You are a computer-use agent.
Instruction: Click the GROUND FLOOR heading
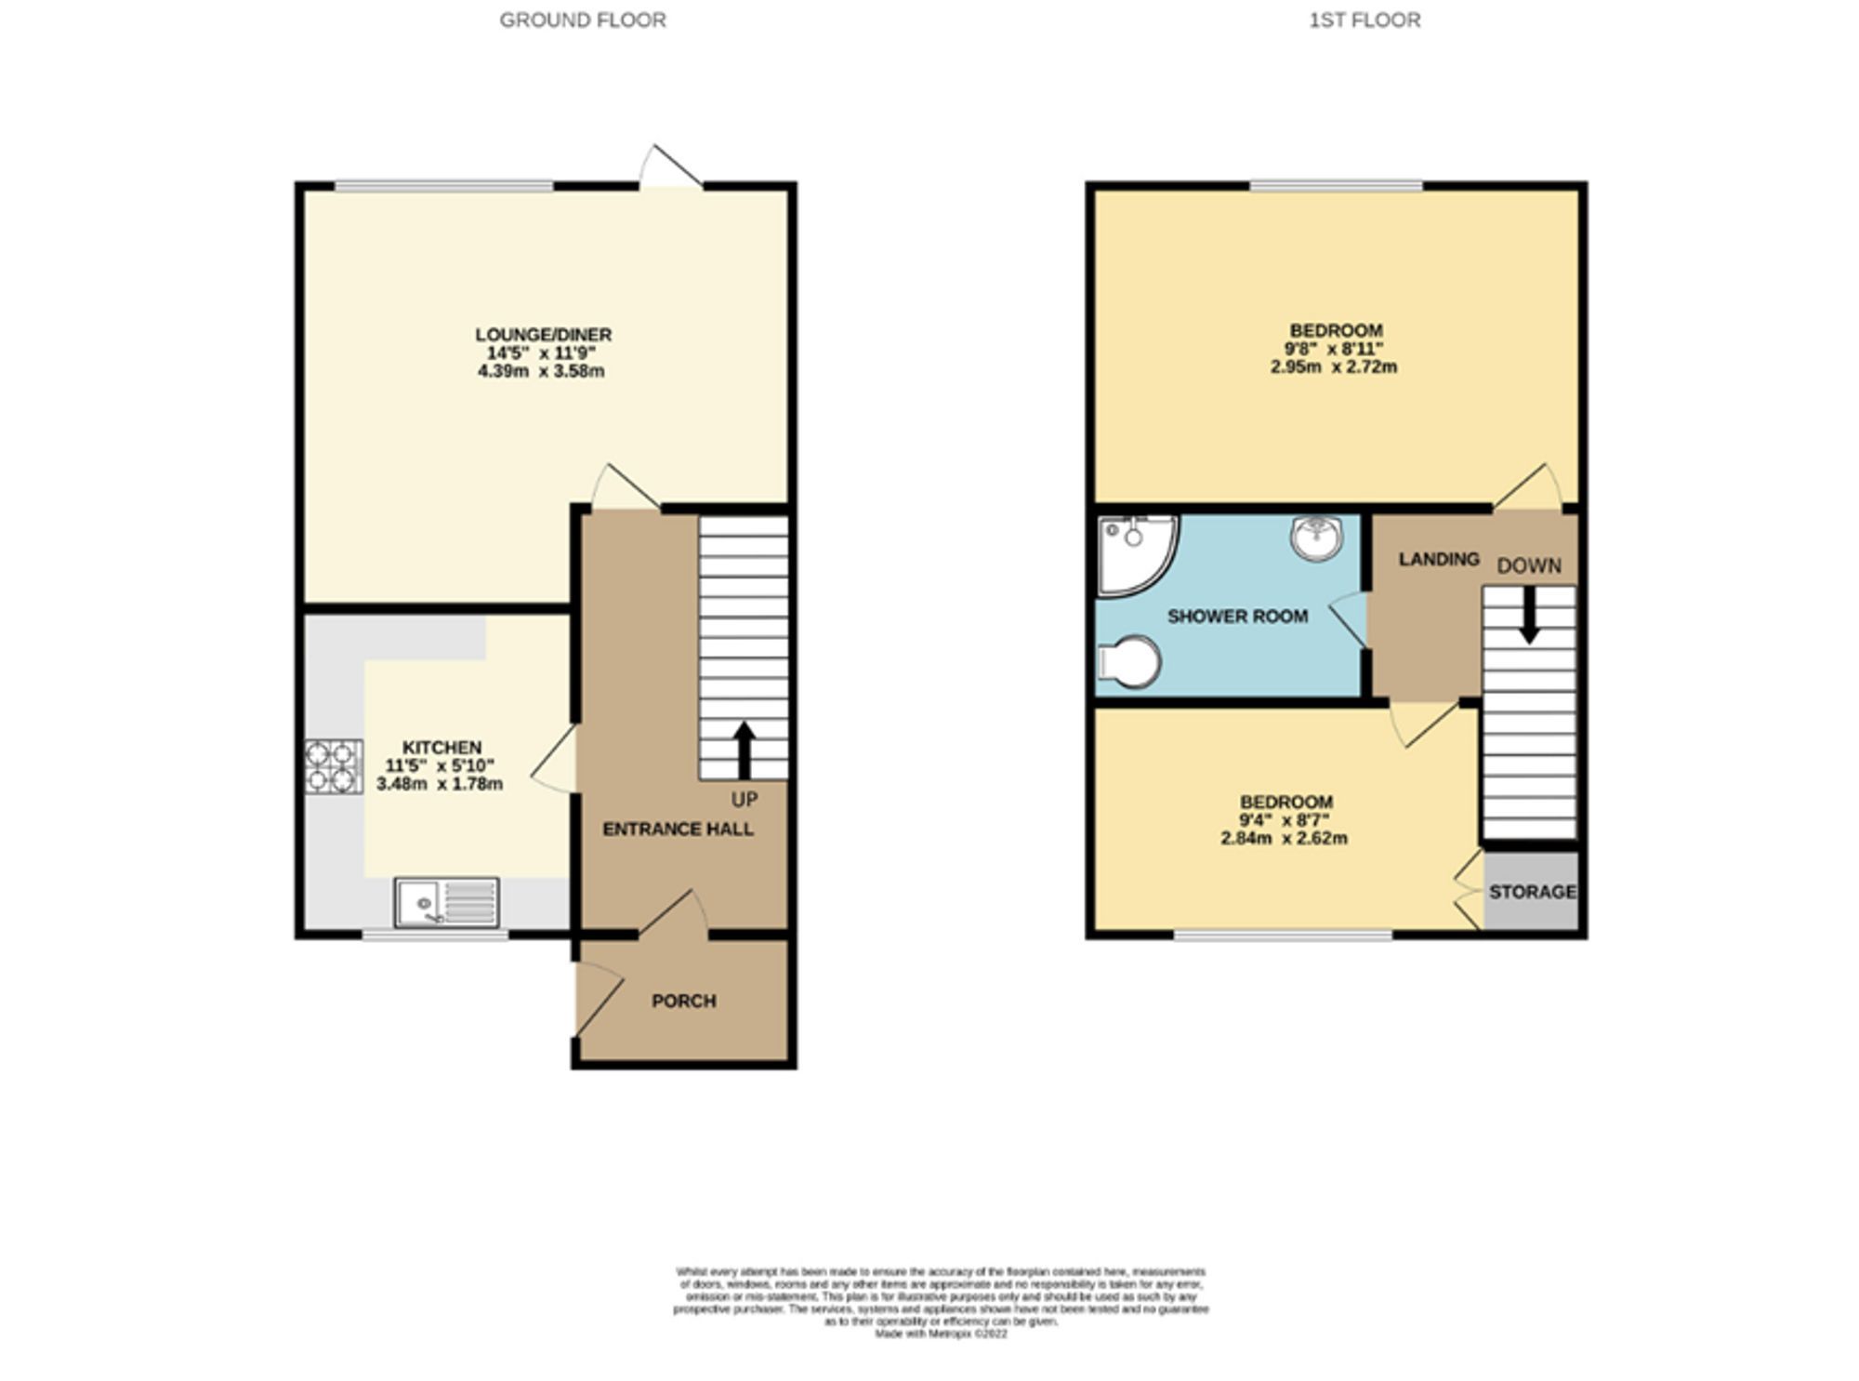(583, 20)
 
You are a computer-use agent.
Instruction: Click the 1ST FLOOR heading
(1365, 20)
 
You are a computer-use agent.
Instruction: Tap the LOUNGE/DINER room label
(543, 334)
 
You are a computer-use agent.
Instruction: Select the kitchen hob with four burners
(334, 765)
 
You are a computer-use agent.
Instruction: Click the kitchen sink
(446, 902)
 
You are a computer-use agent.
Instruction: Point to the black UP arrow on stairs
(744, 750)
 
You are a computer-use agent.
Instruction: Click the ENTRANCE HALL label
(678, 829)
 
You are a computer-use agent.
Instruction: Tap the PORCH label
(683, 1001)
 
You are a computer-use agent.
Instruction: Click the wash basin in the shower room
(1317, 538)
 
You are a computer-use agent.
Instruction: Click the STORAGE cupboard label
(1532, 891)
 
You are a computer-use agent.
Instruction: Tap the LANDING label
(1439, 559)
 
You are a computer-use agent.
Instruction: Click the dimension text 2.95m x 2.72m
(1334, 367)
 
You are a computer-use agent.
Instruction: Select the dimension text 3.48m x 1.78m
(440, 784)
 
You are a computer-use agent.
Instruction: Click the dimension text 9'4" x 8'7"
(1285, 820)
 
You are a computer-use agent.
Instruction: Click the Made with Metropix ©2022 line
(941, 1333)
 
